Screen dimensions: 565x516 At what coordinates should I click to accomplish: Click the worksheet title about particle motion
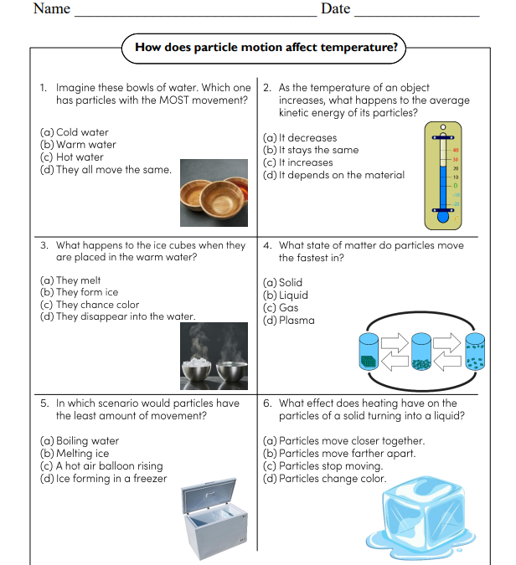coord(266,47)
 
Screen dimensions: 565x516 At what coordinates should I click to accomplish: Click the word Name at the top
coord(51,9)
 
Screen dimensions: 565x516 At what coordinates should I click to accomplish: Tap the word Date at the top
coord(335,9)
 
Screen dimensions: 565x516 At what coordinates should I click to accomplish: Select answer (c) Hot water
coord(72,157)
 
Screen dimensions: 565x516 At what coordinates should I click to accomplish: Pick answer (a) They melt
coord(70,280)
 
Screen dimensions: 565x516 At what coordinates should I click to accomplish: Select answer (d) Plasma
coord(289,320)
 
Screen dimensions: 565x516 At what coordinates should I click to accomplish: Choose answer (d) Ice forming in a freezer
coord(104,479)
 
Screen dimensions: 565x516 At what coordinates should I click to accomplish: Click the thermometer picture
coord(441,175)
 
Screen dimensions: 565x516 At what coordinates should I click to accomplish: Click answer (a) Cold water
coord(75,132)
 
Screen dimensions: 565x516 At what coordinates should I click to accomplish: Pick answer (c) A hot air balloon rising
coord(101,466)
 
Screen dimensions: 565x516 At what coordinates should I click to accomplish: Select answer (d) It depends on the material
coord(333,175)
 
